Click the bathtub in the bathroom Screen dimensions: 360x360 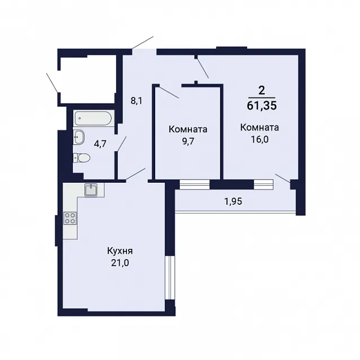[93, 118]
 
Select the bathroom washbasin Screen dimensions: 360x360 [79, 137]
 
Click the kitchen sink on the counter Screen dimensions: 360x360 [91, 190]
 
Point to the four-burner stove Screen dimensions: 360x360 [70, 218]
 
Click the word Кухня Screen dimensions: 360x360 [120, 251]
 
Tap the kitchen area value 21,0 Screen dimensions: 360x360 [120, 263]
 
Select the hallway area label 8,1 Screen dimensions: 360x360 [137, 101]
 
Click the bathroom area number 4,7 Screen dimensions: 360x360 [100, 144]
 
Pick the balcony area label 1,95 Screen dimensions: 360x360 [233, 201]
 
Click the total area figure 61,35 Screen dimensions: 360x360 [262, 106]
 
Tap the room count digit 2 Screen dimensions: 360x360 [261, 91]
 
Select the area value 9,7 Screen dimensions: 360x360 [188, 141]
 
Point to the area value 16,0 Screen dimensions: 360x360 [260, 139]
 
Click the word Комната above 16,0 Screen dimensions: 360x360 [260, 128]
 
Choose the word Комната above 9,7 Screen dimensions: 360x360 [188, 129]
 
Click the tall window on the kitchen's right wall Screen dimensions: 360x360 [170, 278]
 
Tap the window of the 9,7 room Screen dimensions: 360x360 [195, 185]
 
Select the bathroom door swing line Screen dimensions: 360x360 [122, 144]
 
